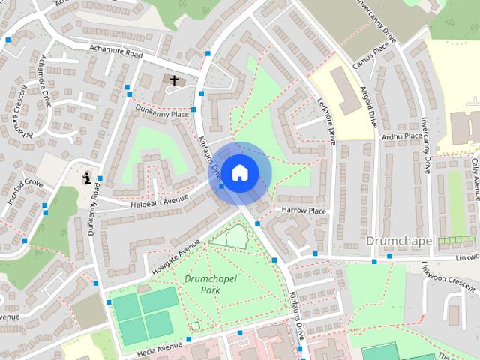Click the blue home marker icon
click(x=239, y=173)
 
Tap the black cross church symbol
click(x=174, y=79)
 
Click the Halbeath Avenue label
click(x=160, y=200)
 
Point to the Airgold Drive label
click(x=367, y=106)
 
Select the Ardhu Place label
click(x=401, y=136)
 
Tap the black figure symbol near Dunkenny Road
click(x=88, y=178)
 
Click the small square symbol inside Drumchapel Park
click(x=195, y=325)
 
